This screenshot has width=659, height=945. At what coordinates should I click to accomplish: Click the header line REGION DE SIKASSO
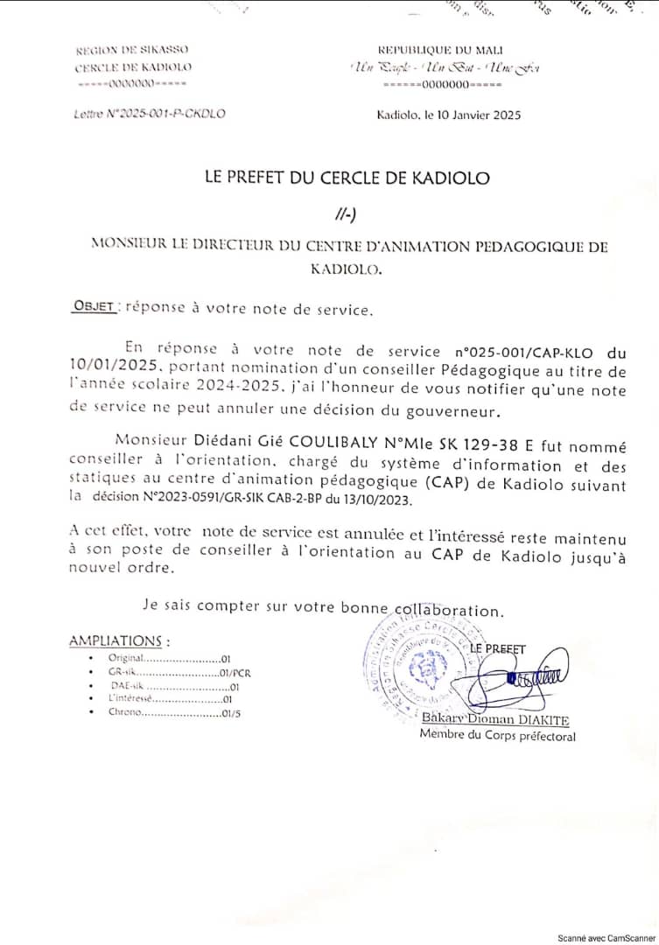(x=132, y=50)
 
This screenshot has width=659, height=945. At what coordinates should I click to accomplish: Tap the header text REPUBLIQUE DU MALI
(x=440, y=50)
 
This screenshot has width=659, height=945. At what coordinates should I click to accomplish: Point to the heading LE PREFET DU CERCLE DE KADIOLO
(x=347, y=178)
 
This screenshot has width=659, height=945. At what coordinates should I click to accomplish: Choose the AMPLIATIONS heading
(x=119, y=641)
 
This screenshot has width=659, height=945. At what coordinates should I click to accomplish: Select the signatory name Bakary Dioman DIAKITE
(x=495, y=720)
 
